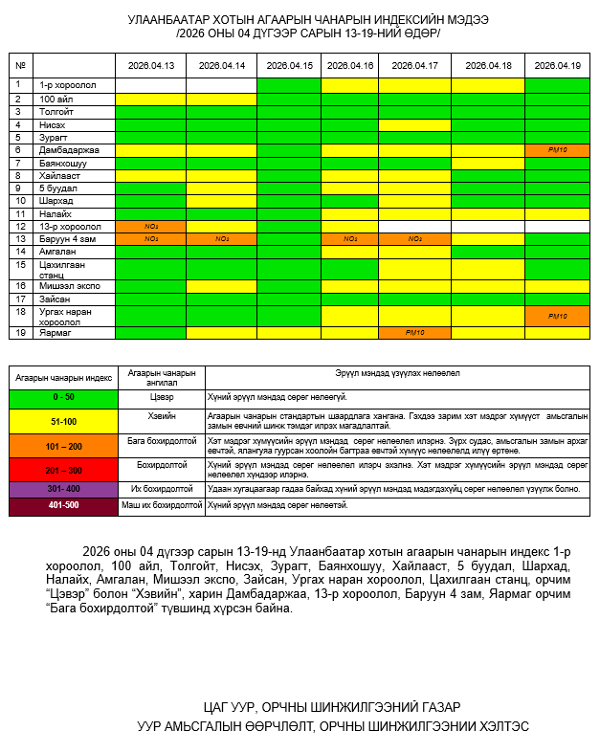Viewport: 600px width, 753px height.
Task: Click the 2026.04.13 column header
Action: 151,65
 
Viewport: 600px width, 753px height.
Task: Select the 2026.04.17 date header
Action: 414,65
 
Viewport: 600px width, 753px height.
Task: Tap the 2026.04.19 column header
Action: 557,65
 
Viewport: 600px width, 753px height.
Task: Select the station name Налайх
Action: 54,213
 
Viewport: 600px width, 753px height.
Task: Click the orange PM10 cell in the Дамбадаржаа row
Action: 557,150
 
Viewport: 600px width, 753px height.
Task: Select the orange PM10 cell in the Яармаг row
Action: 414,332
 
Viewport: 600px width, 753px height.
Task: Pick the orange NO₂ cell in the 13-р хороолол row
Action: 151,226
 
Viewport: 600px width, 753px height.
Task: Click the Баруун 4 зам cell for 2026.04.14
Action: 222,238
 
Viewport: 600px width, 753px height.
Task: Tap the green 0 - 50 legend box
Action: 63,397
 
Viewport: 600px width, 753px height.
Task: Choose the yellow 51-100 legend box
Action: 63,421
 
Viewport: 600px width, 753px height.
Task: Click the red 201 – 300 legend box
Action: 63,470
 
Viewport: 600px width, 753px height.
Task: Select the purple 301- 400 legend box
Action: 63,489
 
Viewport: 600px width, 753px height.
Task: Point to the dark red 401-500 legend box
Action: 63,505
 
